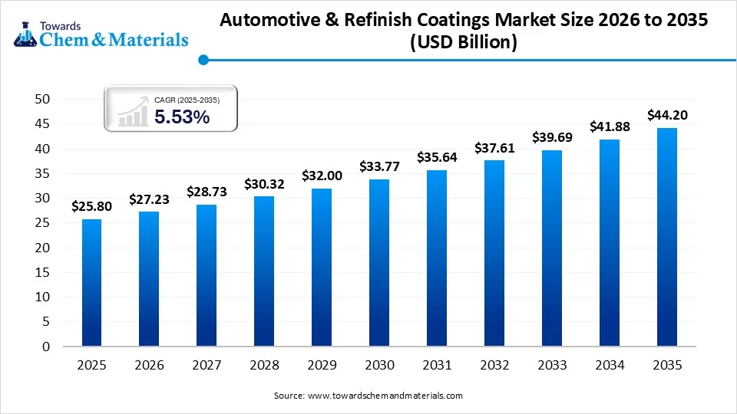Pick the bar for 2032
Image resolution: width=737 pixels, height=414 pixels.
pyautogui.click(x=494, y=253)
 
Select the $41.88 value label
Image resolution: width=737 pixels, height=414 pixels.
pyautogui.click(x=610, y=127)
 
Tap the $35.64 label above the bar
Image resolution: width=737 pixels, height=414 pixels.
pyautogui.click(x=437, y=156)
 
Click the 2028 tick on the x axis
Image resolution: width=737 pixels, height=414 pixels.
pyautogui.click(x=264, y=366)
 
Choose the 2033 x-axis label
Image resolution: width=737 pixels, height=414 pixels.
pyautogui.click(x=552, y=366)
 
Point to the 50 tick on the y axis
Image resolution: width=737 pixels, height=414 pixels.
pyautogui.click(x=42, y=100)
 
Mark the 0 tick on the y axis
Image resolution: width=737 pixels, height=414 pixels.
pyautogui.click(x=46, y=347)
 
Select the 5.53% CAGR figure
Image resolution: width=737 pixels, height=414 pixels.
pyautogui.click(x=182, y=117)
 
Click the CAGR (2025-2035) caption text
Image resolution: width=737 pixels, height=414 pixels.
pyautogui.click(x=187, y=100)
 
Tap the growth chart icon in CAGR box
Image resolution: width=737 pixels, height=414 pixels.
pyautogui.click(x=132, y=112)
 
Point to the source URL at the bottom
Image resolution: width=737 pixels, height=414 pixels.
pyautogui.click(x=385, y=396)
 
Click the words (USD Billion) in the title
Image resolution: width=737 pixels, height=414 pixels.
pyautogui.click(x=464, y=43)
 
